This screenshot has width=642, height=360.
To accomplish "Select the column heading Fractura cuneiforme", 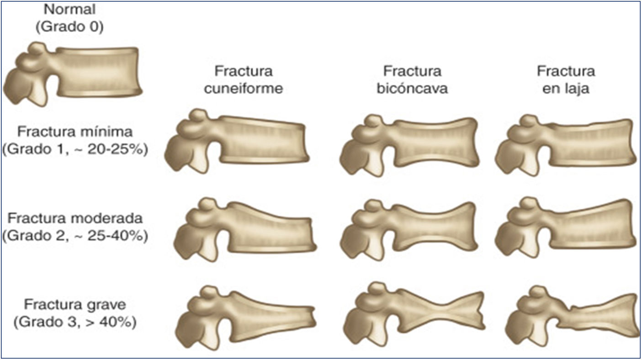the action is [x=244, y=80].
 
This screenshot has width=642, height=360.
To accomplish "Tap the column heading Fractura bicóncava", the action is [x=412, y=80].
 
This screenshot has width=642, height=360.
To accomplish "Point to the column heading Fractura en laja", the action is [x=566, y=80].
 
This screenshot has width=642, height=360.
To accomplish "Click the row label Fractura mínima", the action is [x=75, y=132].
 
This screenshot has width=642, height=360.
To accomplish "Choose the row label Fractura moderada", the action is [x=75, y=218].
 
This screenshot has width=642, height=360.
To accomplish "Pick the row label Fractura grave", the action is [x=75, y=304].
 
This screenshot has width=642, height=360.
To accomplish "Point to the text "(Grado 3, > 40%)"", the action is [x=75, y=322].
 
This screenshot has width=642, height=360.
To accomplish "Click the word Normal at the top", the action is [x=70, y=9].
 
